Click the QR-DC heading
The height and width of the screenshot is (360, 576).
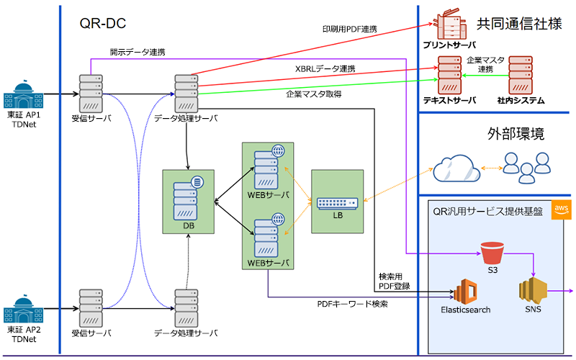coord(103,24)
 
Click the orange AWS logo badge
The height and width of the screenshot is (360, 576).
coord(561,209)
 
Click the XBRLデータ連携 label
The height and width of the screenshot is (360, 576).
coord(325,68)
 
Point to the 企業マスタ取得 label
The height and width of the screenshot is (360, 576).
coord(313,94)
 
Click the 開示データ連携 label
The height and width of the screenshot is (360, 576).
coord(138,52)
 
